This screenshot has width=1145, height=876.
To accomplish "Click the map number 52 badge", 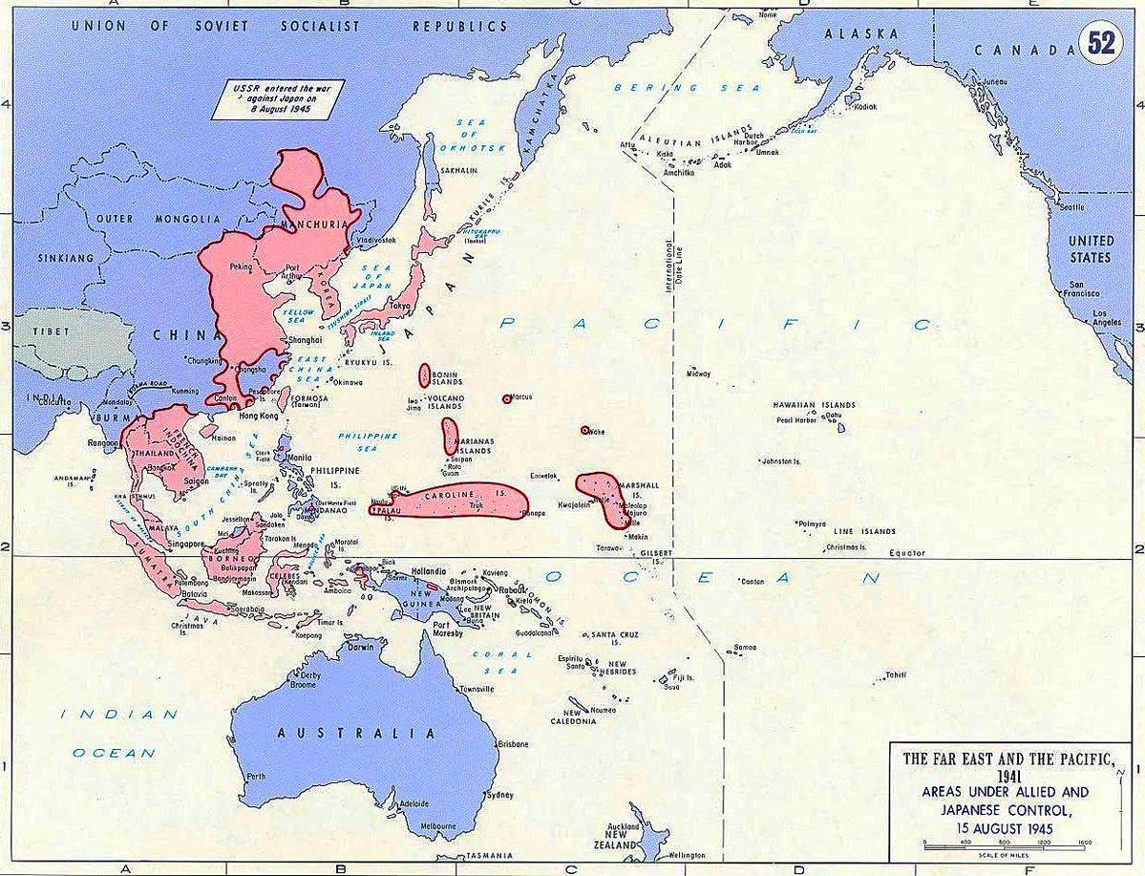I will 1101,44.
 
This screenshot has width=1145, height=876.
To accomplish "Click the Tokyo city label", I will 400,307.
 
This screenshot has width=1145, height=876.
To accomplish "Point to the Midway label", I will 697,374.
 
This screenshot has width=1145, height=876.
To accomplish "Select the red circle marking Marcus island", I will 506,399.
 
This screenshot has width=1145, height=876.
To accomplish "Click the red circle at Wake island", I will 584,430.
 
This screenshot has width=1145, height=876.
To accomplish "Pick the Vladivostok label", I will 375,241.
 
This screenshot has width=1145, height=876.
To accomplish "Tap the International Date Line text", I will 669,272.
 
